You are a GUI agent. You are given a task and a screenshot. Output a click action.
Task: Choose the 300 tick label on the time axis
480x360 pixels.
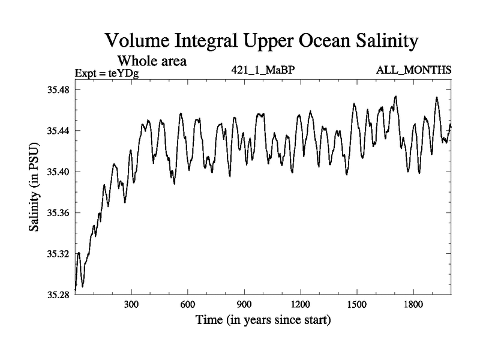coord(131,305)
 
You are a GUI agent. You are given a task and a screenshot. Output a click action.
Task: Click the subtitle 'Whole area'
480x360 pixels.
coord(152,61)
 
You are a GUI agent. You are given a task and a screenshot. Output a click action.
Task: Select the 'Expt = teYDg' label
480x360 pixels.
coord(107,74)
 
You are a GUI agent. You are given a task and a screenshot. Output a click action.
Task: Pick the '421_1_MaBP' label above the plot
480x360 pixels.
coord(263,70)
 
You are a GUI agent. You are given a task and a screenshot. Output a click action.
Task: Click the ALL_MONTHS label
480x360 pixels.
coord(413,70)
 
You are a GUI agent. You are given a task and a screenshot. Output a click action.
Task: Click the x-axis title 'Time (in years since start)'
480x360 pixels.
coord(263,320)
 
